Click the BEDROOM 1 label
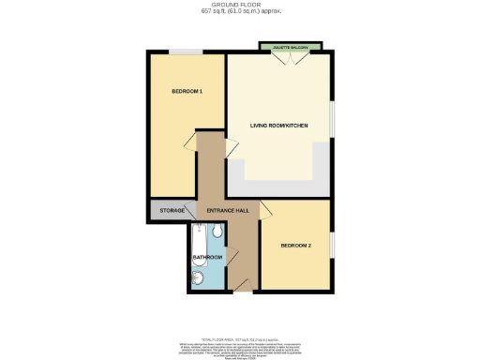pos(187,91)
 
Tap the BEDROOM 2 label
pos(297,246)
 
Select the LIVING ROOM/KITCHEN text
pos(278,124)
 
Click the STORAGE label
pos(172,211)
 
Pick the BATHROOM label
pos(207,257)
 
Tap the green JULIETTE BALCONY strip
pos(292,46)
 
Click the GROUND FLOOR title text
pos(241,5)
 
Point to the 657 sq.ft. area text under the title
pos(241,11)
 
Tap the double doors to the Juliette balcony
pos(292,59)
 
